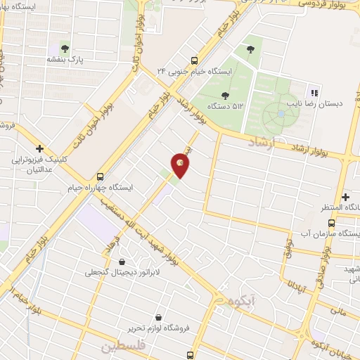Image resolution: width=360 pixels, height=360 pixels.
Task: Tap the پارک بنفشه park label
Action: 65,60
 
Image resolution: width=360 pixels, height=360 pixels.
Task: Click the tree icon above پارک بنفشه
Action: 65,49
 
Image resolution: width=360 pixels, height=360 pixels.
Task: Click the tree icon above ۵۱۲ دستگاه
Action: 225,95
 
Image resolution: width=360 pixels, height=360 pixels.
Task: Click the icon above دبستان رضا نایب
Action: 314,92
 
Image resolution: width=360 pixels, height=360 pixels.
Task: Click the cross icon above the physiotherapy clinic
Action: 40,148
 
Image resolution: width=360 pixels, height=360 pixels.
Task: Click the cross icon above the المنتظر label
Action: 345,197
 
